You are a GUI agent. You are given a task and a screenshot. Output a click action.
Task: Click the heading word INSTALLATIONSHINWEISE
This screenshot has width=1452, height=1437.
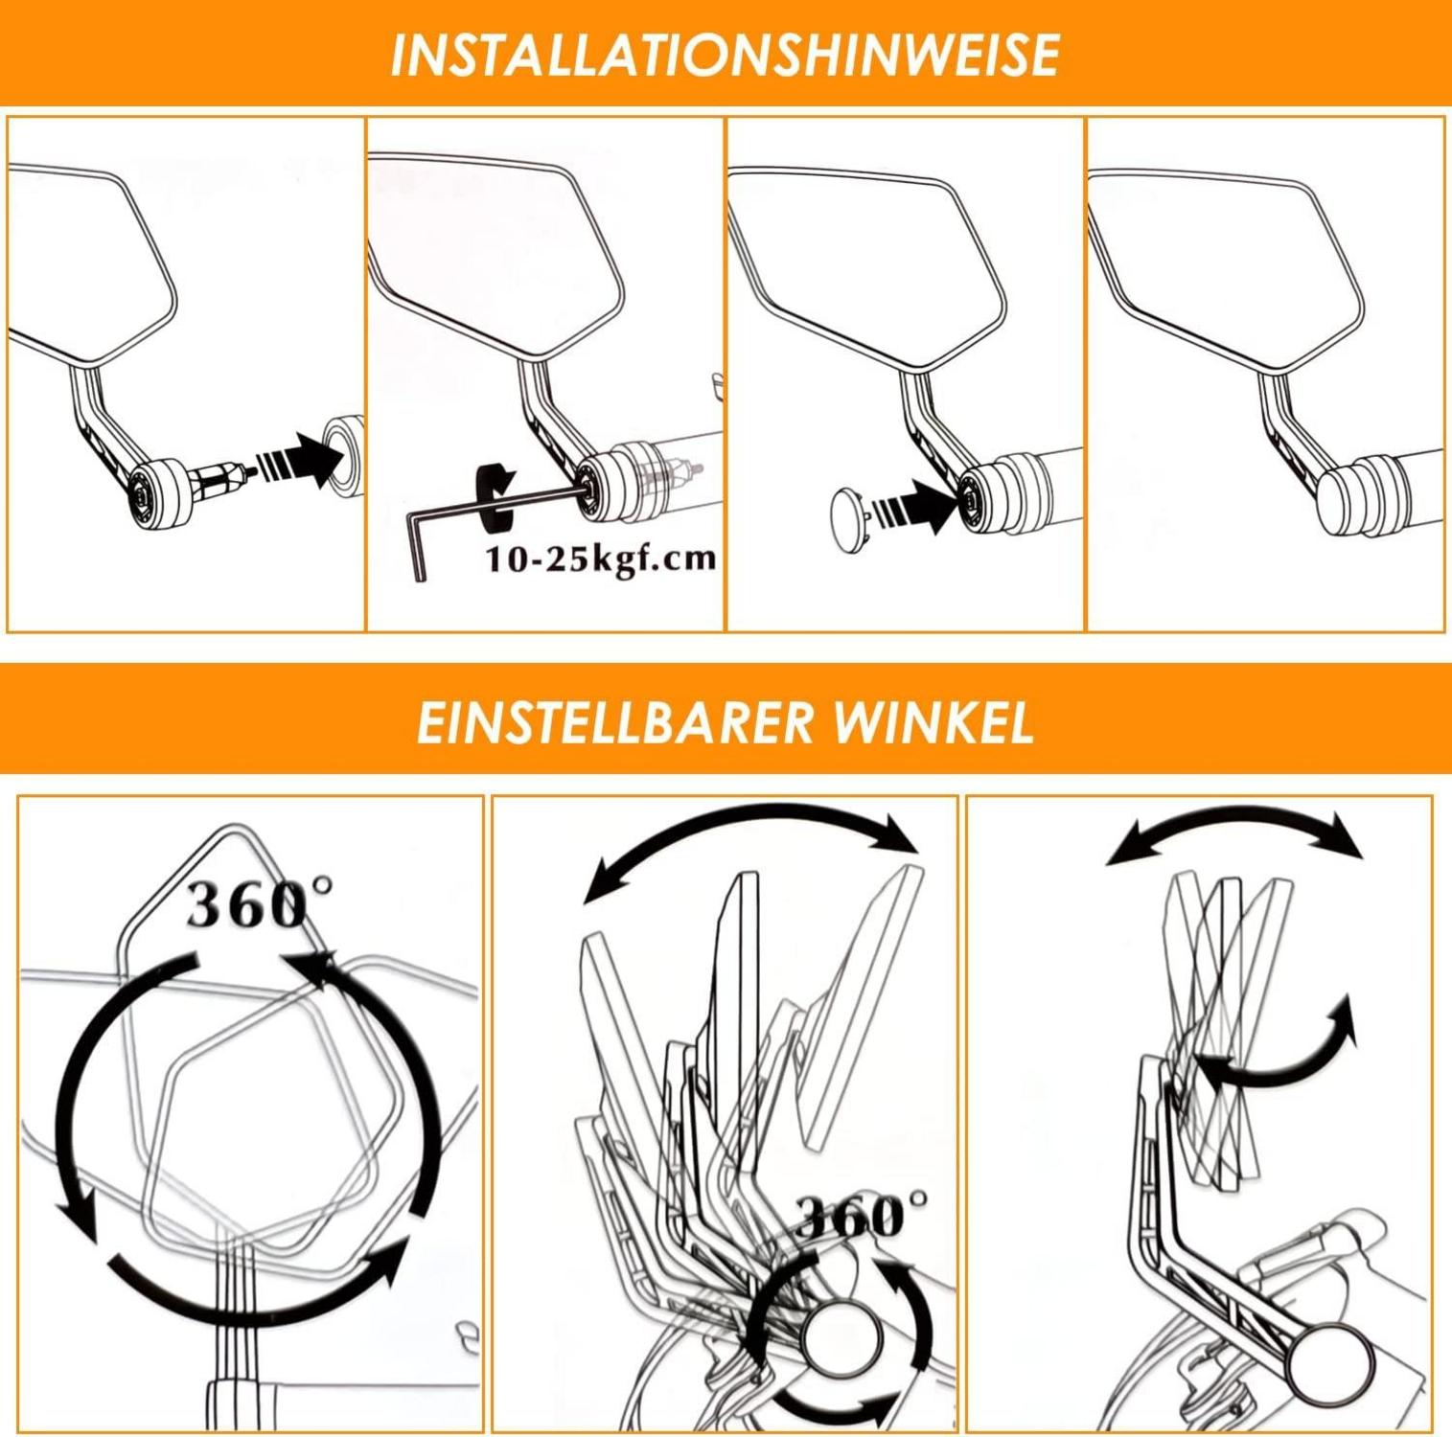tap(725, 54)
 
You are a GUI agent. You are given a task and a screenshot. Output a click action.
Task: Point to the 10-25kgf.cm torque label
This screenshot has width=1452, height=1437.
tap(600, 558)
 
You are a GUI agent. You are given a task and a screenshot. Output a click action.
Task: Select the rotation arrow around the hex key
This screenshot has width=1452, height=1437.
tap(496, 496)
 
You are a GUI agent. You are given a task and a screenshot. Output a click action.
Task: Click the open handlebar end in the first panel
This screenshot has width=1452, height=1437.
tap(343, 455)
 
